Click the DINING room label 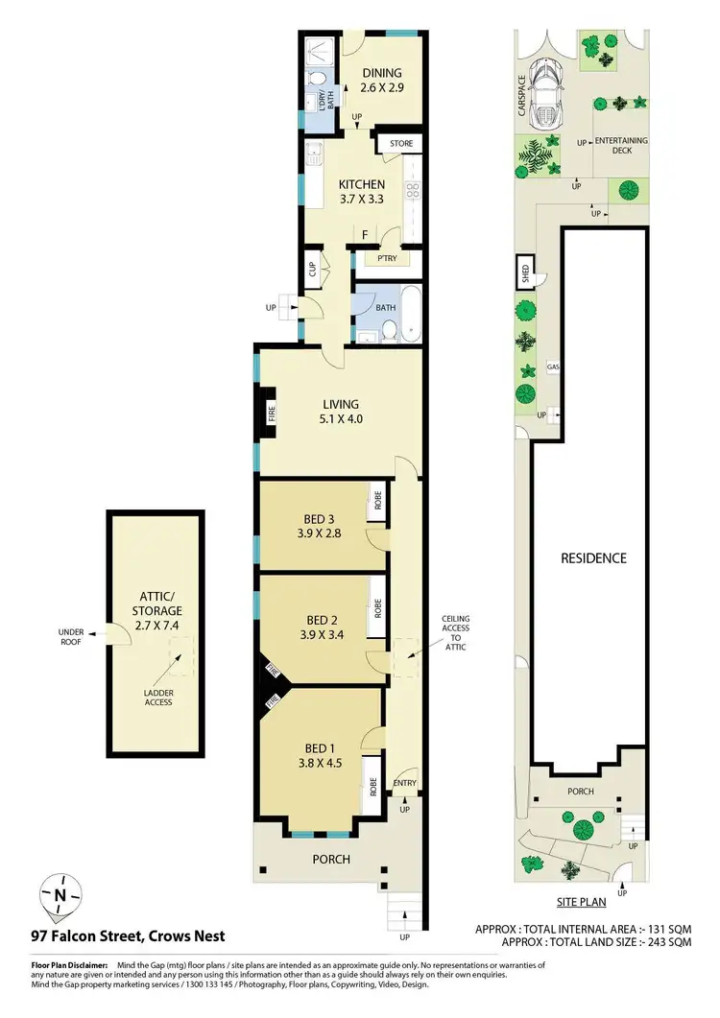(381, 73)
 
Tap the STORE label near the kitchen (401, 144)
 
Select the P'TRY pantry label (388, 258)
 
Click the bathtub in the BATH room (410, 316)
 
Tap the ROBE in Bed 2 (378, 606)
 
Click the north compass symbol (60, 896)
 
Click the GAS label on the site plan (553, 367)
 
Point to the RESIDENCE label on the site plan (594, 557)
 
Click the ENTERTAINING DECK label (621, 146)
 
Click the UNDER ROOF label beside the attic (72, 636)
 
